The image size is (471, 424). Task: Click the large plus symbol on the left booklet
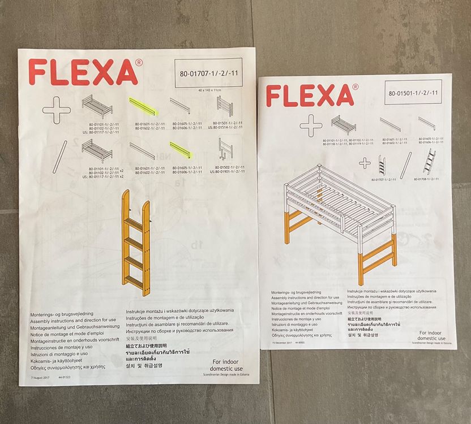[x=55, y=110]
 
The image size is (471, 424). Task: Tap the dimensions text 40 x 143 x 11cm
[x=208, y=90]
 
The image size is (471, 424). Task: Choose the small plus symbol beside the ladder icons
[x=365, y=163]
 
